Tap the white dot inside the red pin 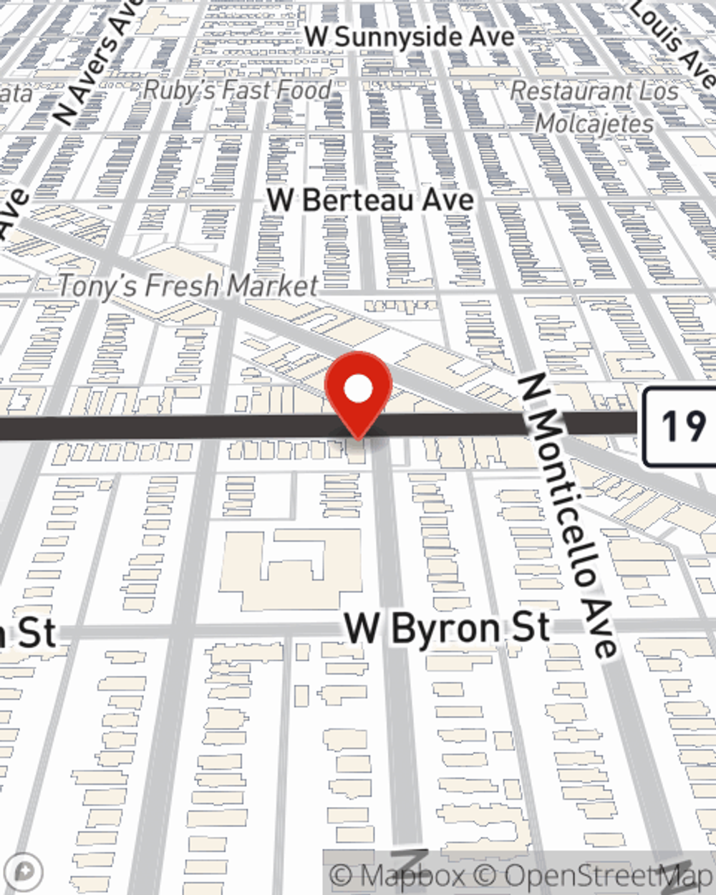point(358,390)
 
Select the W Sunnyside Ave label point(410,37)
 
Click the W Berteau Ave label point(370,200)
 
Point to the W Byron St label point(448,628)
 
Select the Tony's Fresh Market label point(188,286)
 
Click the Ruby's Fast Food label point(237,90)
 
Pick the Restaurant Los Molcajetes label point(594,107)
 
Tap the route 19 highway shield point(679,427)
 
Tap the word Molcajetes point(594,124)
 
